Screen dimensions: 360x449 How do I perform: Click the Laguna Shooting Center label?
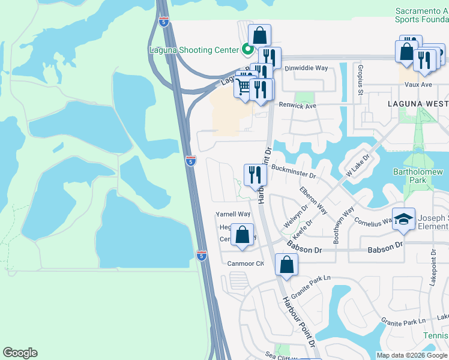coord(193,50)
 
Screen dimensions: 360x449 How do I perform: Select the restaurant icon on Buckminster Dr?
coord(255,175)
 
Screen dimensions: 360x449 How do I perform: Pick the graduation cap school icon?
coord(404,220)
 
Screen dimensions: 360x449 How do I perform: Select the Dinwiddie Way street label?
coord(306,68)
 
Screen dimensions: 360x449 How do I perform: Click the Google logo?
coord(20,353)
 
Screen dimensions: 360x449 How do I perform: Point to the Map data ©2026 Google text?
coord(411,355)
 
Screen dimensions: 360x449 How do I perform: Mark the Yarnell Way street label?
coord(233,214)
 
